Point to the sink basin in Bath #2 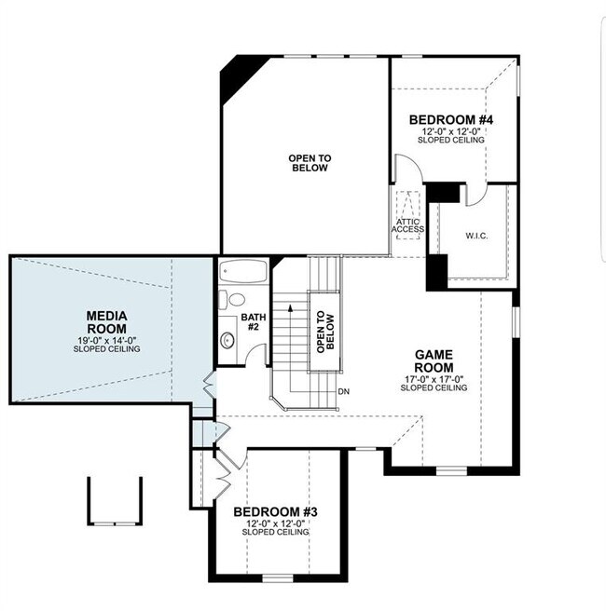coord(227,339)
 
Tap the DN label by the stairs coord(343,390)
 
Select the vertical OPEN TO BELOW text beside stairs coord(323,330)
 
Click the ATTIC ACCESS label coord(407,225)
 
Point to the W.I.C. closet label coord(473,235)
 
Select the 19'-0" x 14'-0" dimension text coord(107,339)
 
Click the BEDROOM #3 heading coord(276,511)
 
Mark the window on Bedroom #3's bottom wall coord(277,577)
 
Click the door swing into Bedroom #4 coord(406,169)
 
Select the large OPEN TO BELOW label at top coord(310,164)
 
